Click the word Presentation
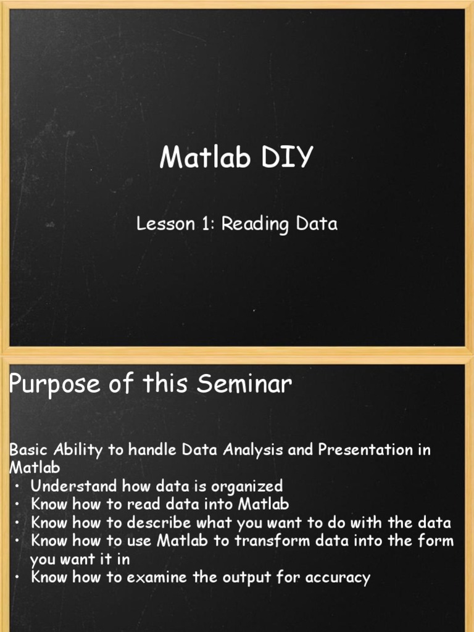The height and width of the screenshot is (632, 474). point(367,450)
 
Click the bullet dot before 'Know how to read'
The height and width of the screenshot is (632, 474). point(18,504)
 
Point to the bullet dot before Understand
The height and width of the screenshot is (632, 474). point(18,486)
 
